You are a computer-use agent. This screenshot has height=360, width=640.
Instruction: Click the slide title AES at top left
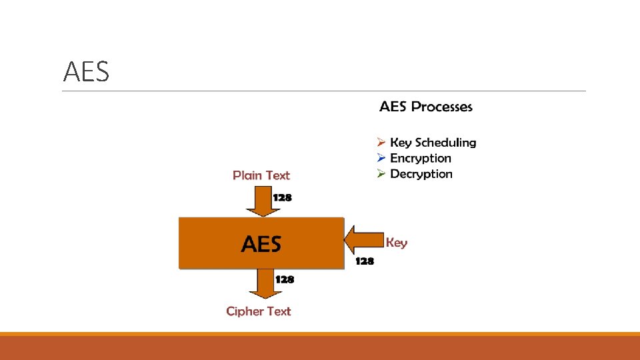tap(86, 72)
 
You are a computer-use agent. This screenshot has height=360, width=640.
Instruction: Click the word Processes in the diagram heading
tap(441, 107)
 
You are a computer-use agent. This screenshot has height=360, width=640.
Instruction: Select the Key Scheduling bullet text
tap(433, 143)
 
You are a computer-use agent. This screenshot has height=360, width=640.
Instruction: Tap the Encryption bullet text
tap(420, 159)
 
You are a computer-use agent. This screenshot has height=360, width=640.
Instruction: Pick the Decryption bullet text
tap(421, 174)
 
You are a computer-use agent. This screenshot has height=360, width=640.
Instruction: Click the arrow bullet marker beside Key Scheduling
tap(381, 143)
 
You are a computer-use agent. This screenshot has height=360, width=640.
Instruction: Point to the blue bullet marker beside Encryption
tap(381, 158)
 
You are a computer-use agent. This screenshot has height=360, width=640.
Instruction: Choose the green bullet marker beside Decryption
tap(381, 174)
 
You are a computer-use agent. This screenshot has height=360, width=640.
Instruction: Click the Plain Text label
tap(261, 175)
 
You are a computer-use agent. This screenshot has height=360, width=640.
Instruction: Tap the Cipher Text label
tap(259, 311)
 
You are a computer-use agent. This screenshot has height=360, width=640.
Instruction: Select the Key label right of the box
tap(397, 243)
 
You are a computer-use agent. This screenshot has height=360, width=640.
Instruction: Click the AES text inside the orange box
tap(261, 244)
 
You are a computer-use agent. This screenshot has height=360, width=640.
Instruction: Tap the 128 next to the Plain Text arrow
tap(283, 198)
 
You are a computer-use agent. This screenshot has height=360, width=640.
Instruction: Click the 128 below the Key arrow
tap(365, 261)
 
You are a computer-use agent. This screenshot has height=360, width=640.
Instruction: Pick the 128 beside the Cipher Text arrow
tap(285, 279)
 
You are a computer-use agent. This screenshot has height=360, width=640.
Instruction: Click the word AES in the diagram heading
tap(393, 107)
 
